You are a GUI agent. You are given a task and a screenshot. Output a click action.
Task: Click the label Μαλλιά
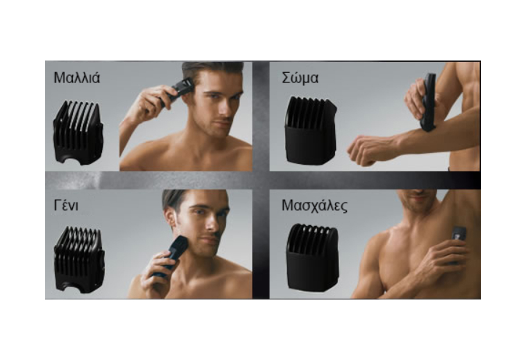(x=77, y=78)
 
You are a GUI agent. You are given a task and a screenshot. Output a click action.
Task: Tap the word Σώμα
(x=300, y=78)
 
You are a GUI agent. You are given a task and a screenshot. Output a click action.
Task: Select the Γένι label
(x=66, y=205)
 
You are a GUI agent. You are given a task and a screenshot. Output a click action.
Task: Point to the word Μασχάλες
(x=314, y=206)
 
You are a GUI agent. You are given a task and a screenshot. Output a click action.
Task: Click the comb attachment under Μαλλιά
(x=78, y=133)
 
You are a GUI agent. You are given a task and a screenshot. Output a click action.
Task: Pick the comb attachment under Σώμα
(x=311, y=130)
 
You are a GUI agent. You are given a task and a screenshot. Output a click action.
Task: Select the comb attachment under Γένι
(x=79, y=260)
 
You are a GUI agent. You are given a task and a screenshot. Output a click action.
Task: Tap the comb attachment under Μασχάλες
(x=312, y=259)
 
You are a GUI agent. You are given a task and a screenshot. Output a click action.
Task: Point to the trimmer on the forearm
(x=428, y=103)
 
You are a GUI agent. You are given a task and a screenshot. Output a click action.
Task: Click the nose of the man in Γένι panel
(x=213, y=224)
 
